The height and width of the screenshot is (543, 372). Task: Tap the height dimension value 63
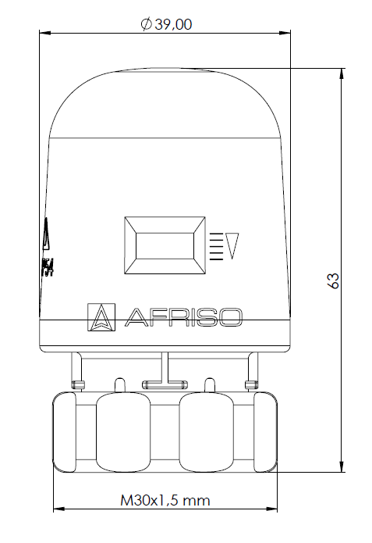pos(332,281)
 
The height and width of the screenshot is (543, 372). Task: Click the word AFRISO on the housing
pos(184,316)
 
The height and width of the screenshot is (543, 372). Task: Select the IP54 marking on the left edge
pos(47,266)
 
